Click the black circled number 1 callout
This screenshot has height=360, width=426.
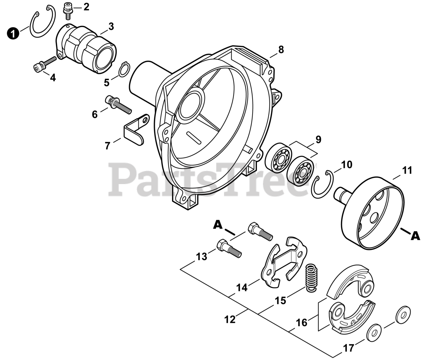13,34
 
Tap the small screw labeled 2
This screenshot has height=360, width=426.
68,9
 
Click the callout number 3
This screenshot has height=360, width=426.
110,26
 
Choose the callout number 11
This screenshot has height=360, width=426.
407,170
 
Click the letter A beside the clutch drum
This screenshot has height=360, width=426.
415,236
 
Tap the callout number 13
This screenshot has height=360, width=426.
201,257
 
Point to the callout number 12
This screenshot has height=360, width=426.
230,319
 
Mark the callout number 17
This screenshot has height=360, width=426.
348,348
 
